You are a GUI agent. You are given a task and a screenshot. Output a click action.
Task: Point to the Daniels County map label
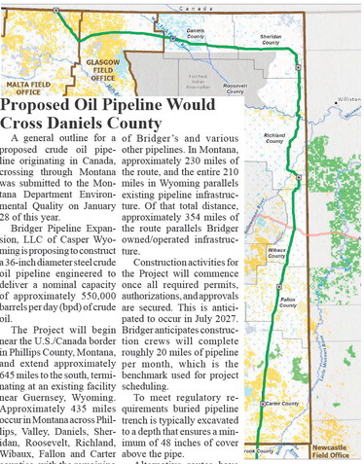pos(195,32)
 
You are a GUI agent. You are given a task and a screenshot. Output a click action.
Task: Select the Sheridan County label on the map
pos(271,40)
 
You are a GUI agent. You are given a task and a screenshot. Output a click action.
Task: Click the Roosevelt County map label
pos(235,88)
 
